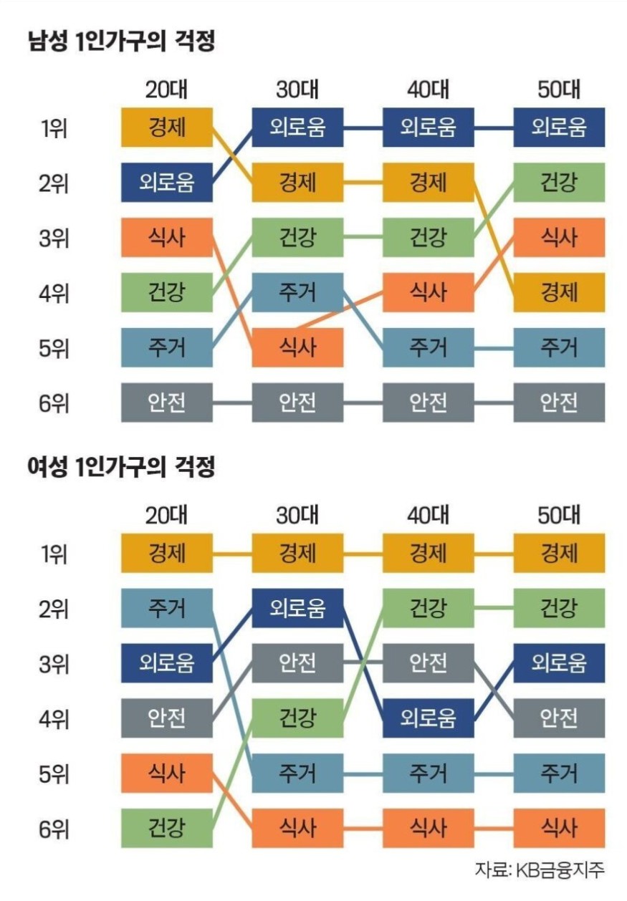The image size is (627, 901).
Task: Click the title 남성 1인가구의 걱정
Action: [120, 41]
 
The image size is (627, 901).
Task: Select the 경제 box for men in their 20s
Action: [167, 127]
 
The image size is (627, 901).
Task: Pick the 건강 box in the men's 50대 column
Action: [559, 182]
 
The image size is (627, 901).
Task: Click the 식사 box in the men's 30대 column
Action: [297, 347]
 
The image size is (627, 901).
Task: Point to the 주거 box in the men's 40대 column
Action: [428, 347]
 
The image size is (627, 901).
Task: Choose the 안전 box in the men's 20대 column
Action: [167, 403]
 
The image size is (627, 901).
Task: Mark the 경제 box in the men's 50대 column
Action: [559, 292]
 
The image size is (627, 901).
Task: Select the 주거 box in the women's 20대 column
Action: [167, 607]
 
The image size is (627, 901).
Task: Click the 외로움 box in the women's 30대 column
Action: [297, 607]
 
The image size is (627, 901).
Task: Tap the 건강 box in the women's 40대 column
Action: [428, 607]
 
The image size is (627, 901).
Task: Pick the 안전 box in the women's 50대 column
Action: [559, 718]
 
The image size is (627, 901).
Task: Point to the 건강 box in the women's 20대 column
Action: [167, 828]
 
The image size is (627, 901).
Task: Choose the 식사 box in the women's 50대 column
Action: [559, 828]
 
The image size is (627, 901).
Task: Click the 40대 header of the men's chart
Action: [428, 90]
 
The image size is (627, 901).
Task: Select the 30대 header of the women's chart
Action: [297, 515]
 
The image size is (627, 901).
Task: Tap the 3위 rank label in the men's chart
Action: [54, 237]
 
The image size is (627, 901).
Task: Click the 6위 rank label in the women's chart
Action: [54, 828]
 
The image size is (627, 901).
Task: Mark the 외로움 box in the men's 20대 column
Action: [167, 182]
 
